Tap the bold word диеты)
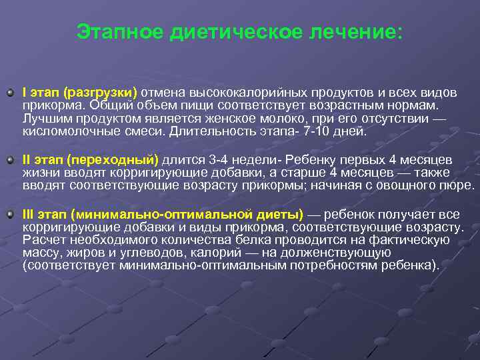pos(278,215)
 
